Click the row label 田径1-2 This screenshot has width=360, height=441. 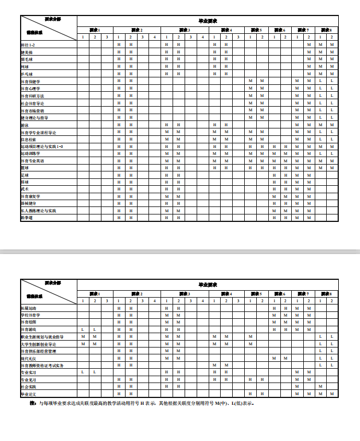29,45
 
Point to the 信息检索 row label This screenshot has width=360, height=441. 29,139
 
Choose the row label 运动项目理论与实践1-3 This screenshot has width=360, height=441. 41,147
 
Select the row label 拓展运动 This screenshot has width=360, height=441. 29,309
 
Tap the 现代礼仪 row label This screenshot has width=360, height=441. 29,358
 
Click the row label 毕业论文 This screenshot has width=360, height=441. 29,394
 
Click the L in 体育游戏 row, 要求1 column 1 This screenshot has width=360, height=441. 83,330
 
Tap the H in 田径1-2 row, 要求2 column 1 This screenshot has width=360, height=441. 119,45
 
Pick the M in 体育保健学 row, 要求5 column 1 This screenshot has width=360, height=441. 251,81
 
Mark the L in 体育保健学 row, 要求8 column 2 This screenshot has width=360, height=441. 332,81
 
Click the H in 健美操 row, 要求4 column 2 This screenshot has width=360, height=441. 226,52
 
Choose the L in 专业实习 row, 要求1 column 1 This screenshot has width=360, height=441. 83,372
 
